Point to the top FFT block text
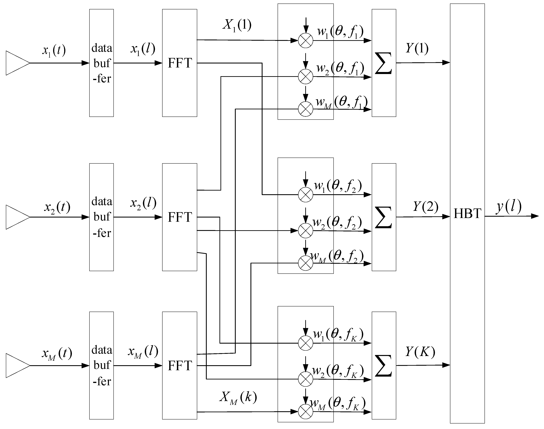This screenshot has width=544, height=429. coord(180,63)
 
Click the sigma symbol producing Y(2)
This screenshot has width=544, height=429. coord(383,217)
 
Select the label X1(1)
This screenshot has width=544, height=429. coord(237,25)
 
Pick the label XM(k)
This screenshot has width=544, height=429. coord(238,398)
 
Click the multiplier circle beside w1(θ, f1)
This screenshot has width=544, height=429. coord(306,41)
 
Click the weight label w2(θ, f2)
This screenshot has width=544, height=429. coord(337,222)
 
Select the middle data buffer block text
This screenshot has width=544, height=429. coord(102,217)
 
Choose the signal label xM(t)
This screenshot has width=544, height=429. coord(57,354)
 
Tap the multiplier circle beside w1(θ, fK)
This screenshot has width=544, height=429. coord(306,343)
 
